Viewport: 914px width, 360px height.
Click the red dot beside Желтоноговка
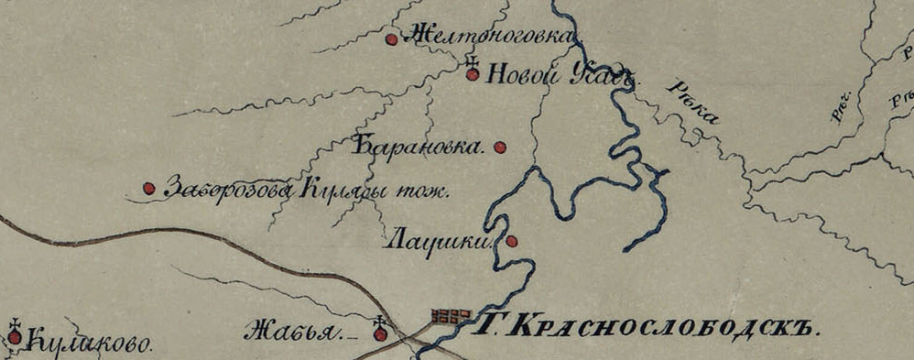(x=391, y=39)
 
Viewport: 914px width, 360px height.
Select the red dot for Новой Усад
(x=473, y=75)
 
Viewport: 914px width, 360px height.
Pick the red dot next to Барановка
(x=500, y=147)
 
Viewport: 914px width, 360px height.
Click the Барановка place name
(x=418, y=147)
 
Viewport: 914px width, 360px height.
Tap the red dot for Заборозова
(x=148, y=189)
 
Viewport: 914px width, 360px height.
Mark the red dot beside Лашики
(x=512, y=241)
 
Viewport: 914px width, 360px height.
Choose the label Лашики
(x=440, y=242)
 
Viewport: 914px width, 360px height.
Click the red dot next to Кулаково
(x=15, y=338)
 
